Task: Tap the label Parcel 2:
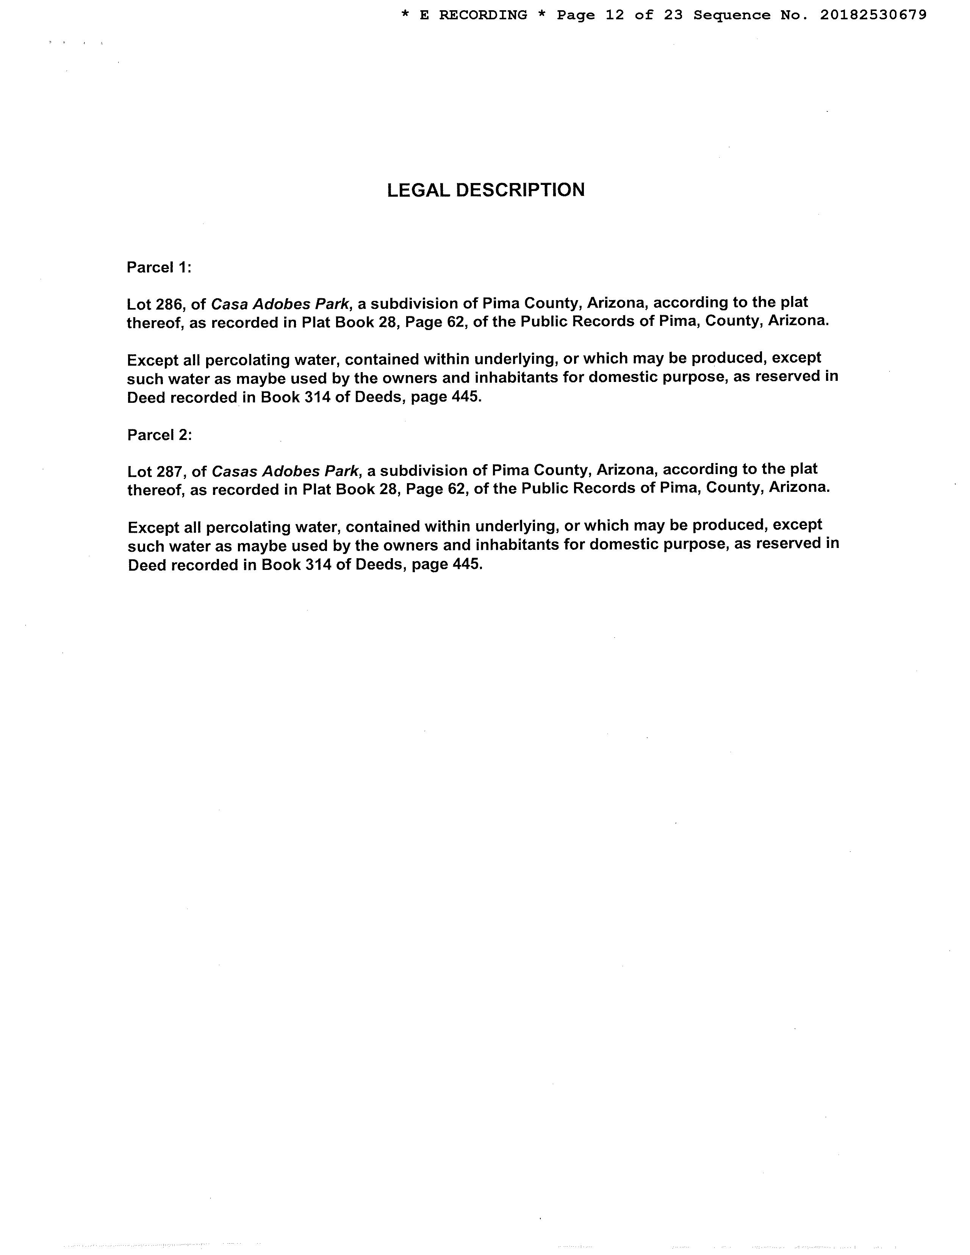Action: click(x=159, y=435)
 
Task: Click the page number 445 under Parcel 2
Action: click(x=466, y=564)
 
